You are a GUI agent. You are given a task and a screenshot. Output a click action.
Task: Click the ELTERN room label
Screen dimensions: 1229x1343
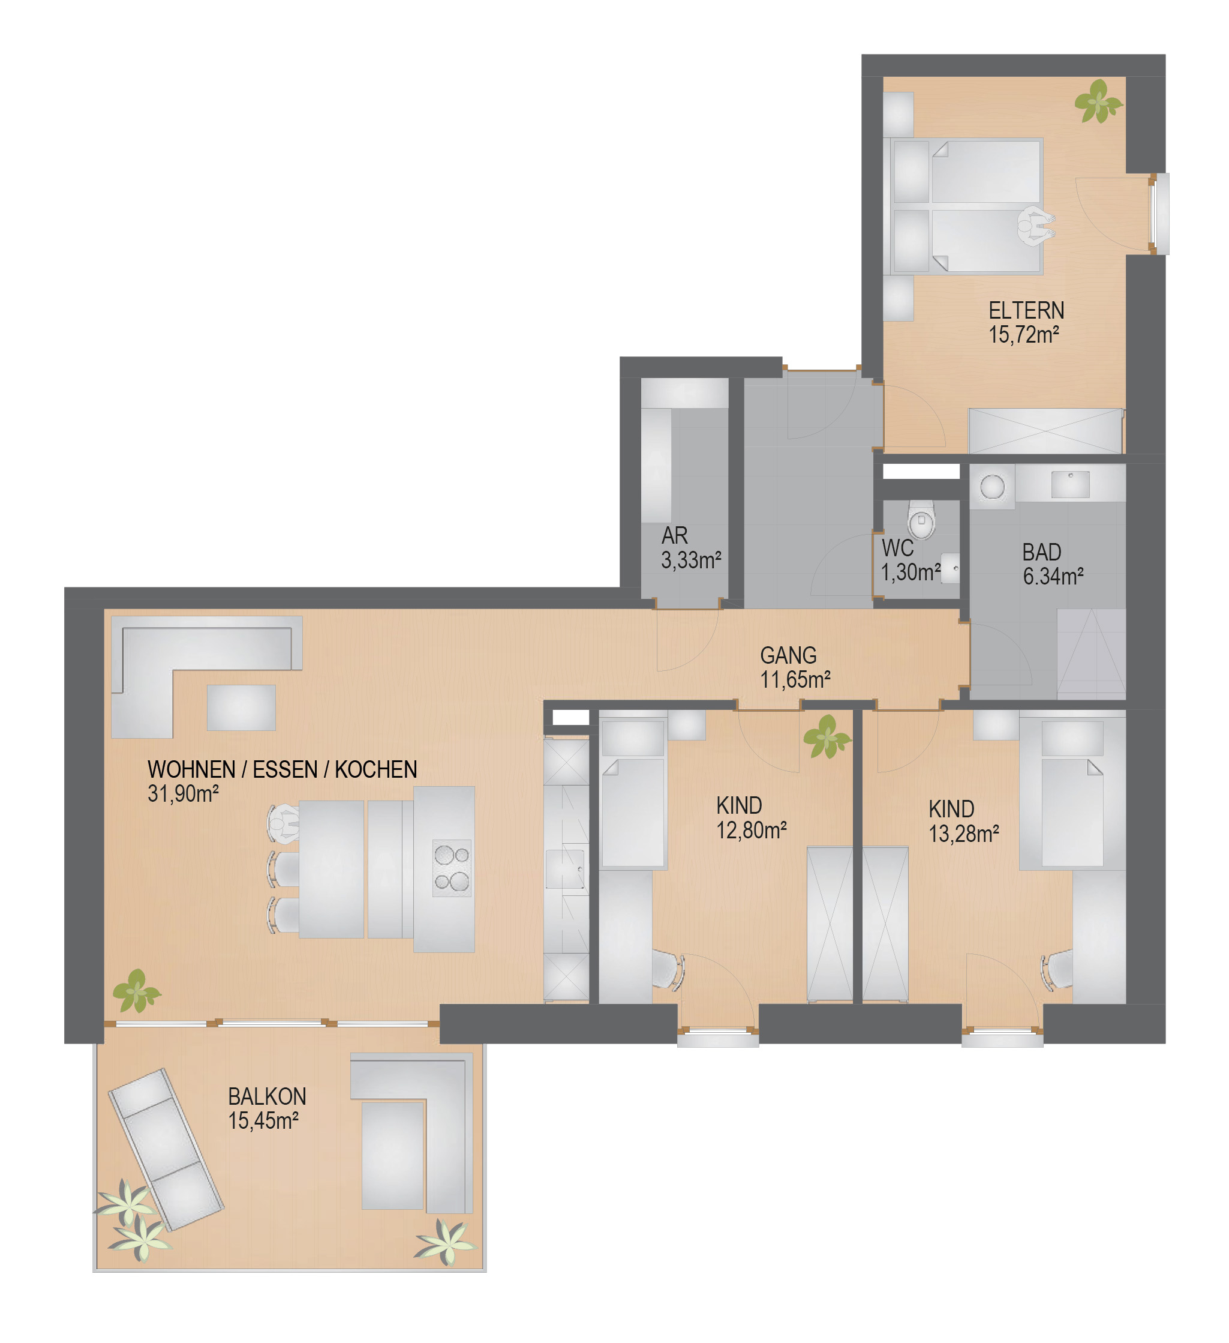point(1026,310)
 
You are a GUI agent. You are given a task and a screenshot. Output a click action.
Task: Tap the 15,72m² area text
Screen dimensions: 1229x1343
point(1023,335)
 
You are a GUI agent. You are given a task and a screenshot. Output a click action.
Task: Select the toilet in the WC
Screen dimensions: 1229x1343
point(921,519)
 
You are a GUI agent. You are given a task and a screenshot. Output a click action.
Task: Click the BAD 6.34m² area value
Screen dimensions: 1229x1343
point(1053,577)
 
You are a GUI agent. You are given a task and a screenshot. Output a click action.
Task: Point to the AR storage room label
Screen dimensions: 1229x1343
point(674,536)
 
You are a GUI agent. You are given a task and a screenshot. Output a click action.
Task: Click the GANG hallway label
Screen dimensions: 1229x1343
point(788,655)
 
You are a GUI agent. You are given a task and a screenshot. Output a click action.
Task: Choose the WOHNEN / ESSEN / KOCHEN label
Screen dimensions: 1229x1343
point(283,769)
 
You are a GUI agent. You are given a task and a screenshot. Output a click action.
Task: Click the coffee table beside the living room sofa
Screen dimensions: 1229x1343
point(241,707)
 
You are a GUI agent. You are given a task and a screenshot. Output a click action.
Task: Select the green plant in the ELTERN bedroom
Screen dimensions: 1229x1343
point(1098,101)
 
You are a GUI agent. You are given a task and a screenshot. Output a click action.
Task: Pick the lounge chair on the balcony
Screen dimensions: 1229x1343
point(166,1150)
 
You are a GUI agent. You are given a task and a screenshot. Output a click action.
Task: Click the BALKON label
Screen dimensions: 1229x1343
point(267,1096)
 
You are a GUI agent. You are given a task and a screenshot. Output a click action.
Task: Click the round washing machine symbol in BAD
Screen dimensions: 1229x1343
point(992,486)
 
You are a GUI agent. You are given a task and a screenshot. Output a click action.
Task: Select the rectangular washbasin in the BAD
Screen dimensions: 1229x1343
point(1070,484)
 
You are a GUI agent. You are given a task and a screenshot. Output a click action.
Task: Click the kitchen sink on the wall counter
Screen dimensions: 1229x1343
point(565,869)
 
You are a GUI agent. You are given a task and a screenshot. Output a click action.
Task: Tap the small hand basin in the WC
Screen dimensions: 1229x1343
point(950,568)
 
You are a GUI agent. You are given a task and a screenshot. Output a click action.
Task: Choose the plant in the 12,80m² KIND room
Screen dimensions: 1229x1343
point(827,737)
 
